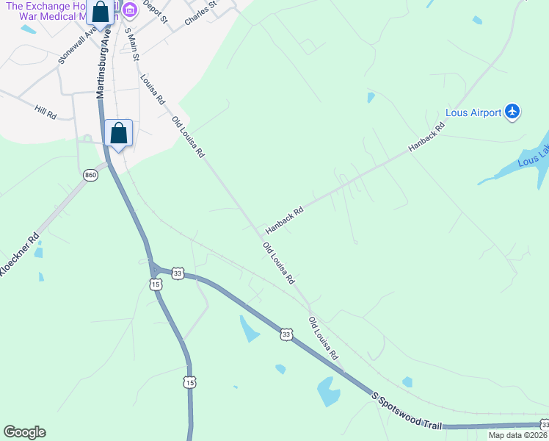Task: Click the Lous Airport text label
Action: pos(473,113)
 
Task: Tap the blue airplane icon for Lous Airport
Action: pos(512,112)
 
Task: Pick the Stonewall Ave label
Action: pos(78,46)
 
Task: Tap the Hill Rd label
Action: pos(45,112)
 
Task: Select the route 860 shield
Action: pos(90,175)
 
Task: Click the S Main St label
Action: pos(132,45)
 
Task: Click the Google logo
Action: pos(24,432)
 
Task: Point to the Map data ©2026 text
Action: pos(517,435)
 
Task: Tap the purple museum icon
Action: pos(130,9)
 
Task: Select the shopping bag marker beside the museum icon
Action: pos(101,13)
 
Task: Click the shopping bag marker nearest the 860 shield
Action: pos(118,134)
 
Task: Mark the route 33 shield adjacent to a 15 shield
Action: pos(177,273)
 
